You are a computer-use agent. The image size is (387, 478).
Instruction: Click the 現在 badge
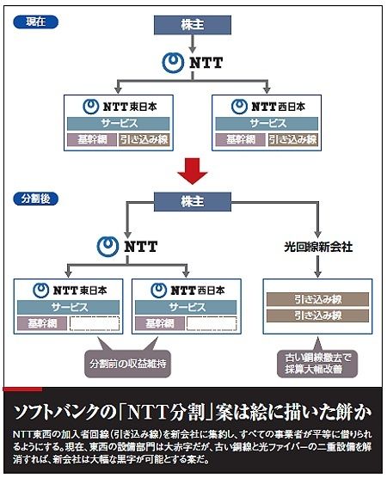pyautogui.click(x=35, y=22)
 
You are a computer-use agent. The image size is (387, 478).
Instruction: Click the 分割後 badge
pyautogui.click(x=35, y=199)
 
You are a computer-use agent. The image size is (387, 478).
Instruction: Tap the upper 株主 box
pyautogui.click(x=193, y=25)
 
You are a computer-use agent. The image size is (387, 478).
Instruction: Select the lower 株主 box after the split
pyautogui.click(x=193, y=202)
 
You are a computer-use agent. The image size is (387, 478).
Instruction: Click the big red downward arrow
pyautogui.click(x=193, y=171)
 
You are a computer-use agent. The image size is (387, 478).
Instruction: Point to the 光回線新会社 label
pyautogui.click(x=318, y=247)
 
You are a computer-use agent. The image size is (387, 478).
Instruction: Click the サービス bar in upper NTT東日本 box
pyautogui.click(x=119, y=124)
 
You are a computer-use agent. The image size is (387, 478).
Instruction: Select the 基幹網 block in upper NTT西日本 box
pyautogui.click(x=240, y=140)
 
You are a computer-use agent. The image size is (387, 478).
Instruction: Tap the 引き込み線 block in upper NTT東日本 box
pyautogui.click(x=144, y=140)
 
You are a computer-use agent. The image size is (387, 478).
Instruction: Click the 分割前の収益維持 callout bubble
pyautogui.click(x=127, y=364)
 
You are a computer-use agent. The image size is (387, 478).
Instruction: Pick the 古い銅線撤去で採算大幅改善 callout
pyautogui.click(x=317, y=363)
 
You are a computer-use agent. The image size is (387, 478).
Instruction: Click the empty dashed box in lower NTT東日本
pyautogui.click(x=95, y=324)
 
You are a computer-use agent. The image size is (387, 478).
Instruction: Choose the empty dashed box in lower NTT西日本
pyautogui.click(x=212, y=324)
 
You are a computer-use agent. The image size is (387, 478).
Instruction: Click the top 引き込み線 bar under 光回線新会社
pyautogui.click(x=317, y=299)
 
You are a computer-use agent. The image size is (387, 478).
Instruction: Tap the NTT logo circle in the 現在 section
pyautogui.click(x=173, y=63)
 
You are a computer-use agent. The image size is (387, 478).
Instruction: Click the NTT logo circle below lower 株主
pyautogui.click(x=107, y=247)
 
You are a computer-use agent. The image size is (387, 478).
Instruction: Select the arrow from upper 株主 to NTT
pyautogui.click(x=192, y=43)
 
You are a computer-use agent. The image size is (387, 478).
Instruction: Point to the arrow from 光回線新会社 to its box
pyautogui.click(x=318, y=267)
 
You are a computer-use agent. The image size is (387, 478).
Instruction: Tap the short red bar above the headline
pyautogui.click(x=22, y=389)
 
